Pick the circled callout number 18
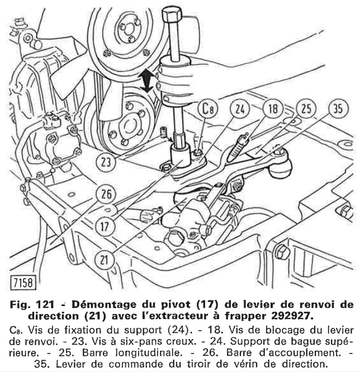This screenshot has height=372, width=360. click(273, 109)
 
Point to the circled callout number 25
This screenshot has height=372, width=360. click(306, 109)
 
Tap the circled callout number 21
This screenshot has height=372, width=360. click(103, 259)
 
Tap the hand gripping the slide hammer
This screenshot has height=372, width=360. click(176, 78)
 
